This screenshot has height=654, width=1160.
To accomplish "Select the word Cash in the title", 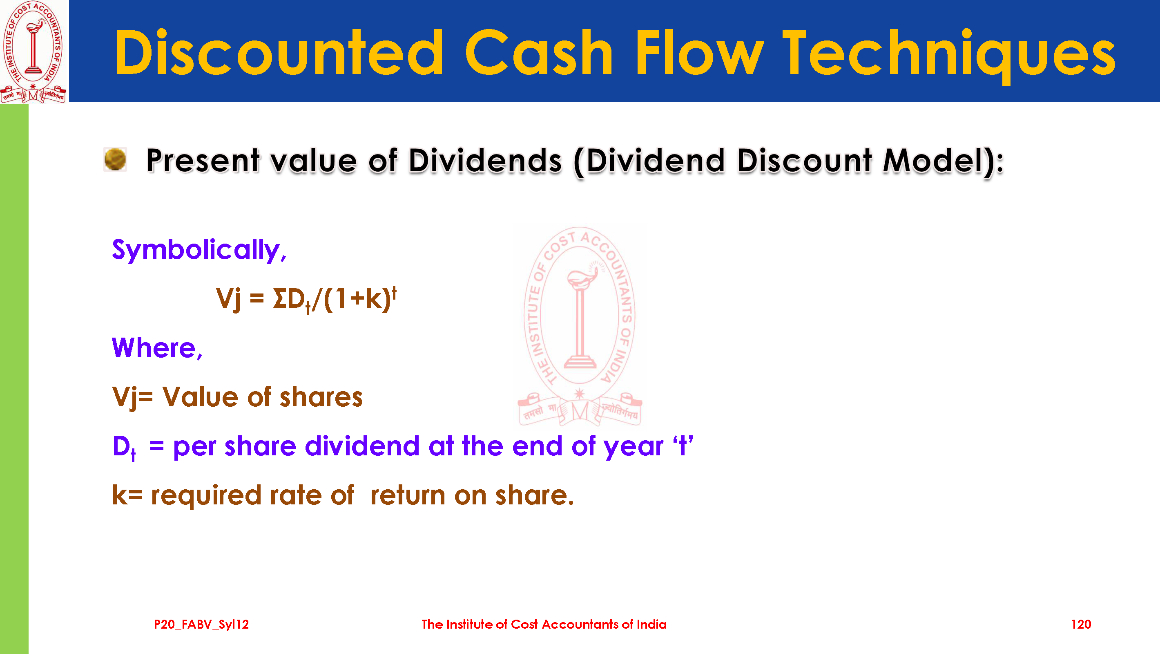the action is pos(539,52).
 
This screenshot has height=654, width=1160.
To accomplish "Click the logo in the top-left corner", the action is pos(33,52).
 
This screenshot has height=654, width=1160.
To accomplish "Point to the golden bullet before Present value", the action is pos(115,159).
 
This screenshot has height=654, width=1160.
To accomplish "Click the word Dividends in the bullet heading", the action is pos(485,161).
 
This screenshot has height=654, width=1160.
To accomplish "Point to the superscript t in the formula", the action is pos(394,293).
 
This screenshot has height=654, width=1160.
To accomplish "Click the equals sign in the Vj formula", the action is pos(257,298).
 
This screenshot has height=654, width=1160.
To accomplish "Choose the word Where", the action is pos(157,348).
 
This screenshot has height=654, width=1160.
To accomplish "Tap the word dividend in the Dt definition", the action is pos(363,446).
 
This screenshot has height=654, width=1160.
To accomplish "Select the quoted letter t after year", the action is pos(683,445).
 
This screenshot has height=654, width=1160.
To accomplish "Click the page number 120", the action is pos(1081,624).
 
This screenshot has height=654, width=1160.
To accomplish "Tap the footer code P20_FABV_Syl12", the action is pos(201,625).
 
